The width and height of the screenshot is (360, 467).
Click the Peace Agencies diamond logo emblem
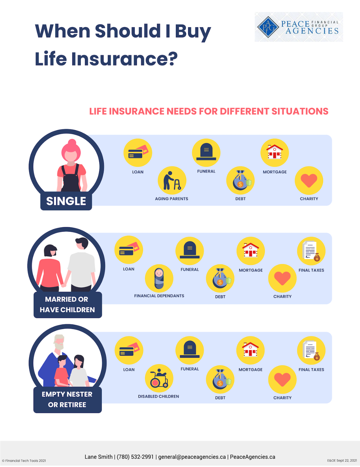pos(268,27)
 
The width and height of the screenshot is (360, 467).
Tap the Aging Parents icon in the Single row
pos(172,181)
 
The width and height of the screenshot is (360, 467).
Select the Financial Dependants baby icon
pos(159,278)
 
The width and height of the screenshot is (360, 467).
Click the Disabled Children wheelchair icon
pos(159,379)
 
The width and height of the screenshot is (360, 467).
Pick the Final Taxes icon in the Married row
pos(311,251)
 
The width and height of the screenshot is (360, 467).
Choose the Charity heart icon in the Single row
pos(309,181)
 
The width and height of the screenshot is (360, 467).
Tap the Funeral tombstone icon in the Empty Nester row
pos(190,350)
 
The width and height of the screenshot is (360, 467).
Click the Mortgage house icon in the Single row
pos(275,152)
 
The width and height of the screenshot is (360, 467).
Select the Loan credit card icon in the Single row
pos(137,152)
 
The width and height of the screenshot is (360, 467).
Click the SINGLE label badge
pos(66,201)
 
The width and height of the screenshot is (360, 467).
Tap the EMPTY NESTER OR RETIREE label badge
pos(67,400)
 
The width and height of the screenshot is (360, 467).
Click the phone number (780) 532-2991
pos(135,457)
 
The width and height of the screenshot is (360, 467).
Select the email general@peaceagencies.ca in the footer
pos(192,457)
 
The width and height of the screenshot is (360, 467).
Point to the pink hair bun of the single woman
pos(72,143)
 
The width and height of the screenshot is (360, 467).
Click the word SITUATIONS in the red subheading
pos(300,111)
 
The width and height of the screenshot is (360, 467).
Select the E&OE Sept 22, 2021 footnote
pos(342,460)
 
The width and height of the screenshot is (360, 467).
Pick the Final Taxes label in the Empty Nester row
pos(311,370)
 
